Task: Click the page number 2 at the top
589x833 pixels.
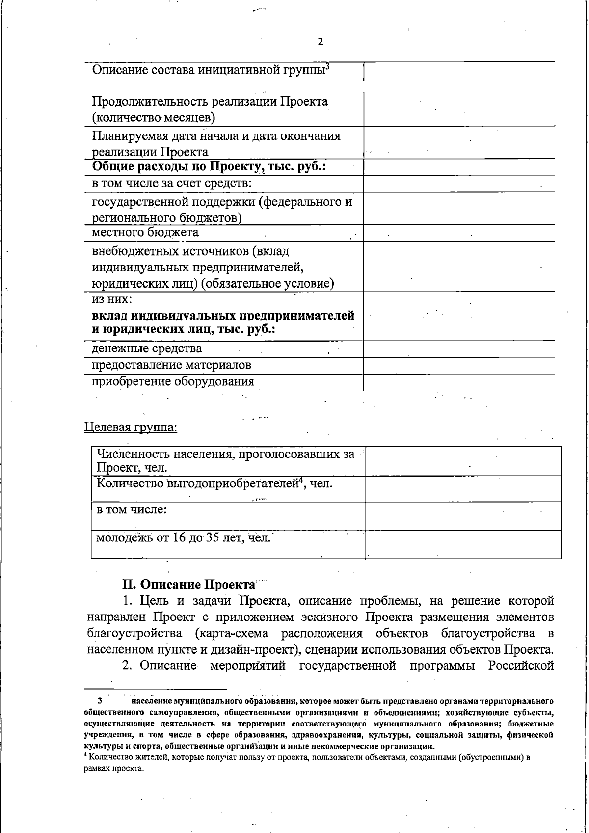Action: click(x=320, y=42)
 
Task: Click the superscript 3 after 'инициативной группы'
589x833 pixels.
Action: click(x=327, y=66)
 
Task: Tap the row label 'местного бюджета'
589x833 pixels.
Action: click(x=145, y=233)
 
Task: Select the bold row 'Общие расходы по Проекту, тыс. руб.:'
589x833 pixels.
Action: click(x=210, y=167)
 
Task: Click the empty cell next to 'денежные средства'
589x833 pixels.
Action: click(x=459, y=349)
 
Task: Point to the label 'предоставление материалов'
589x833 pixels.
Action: click(x=171, y=365)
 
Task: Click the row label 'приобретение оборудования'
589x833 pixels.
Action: click(x=173, y=382)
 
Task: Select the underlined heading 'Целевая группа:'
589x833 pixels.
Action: click(x=131, y=427)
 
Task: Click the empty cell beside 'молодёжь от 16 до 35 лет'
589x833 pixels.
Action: click(x=463, y=544)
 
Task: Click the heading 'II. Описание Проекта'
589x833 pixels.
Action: click(x=189, y=585)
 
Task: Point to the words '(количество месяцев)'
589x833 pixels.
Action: click(x=154, y=118)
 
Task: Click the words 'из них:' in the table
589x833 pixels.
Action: click(x=112, y=299)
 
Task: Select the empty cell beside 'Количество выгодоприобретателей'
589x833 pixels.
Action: click(x=463, y=488)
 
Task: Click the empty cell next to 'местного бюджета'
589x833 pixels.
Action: click(x=459, y=233)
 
